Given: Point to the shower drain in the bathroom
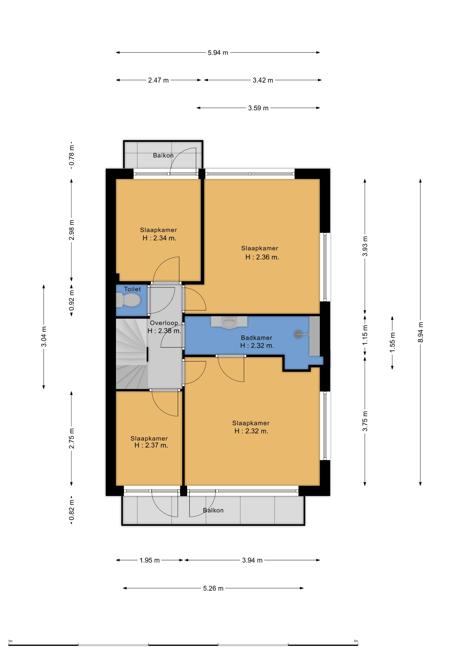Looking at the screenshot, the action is pyautogui.click(x=298, y=334).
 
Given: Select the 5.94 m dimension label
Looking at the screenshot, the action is pyautogui.click(x=218, y=53).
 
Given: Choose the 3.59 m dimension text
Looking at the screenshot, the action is pyautogui.click(x=258, y=108).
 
